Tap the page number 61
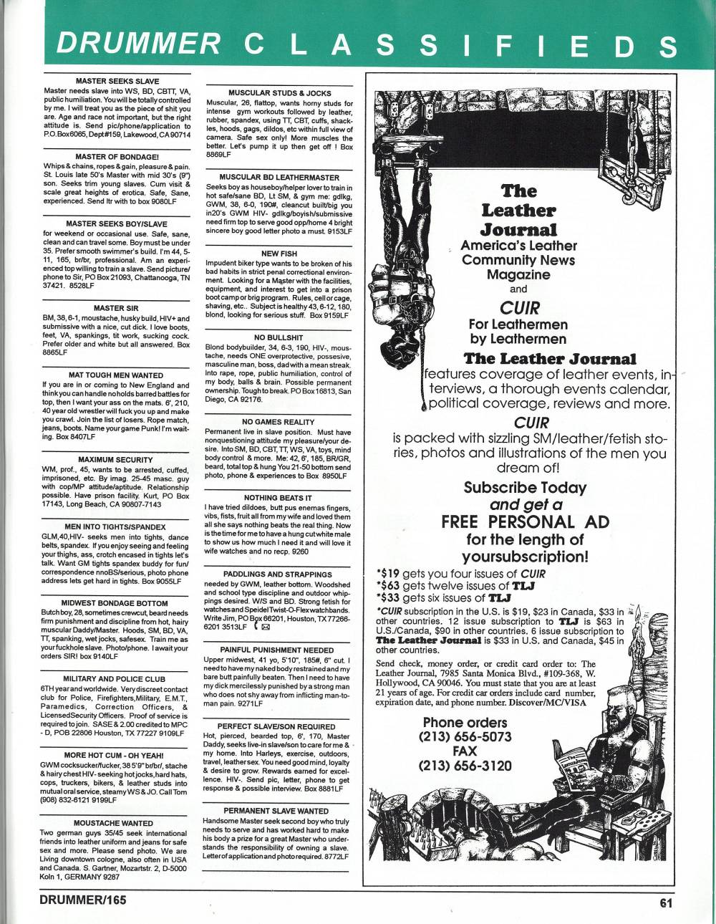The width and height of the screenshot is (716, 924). [x=667, y=902]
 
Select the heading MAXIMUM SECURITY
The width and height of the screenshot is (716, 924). [x=117, y=459]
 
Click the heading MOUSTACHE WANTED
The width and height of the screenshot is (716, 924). [x=117, y=824]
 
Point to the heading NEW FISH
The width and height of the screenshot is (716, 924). [x=276, y=254]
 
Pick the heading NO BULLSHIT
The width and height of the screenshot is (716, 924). [x=276, y=337]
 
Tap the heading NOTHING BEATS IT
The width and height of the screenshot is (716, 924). [x=277, y=497]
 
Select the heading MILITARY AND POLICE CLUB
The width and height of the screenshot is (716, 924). [x=117, y=677]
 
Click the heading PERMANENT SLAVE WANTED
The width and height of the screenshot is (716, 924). [x=276, y=811]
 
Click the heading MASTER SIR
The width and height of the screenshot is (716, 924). [x=117, y=308]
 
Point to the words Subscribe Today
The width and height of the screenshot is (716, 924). [x=525, y=487]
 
